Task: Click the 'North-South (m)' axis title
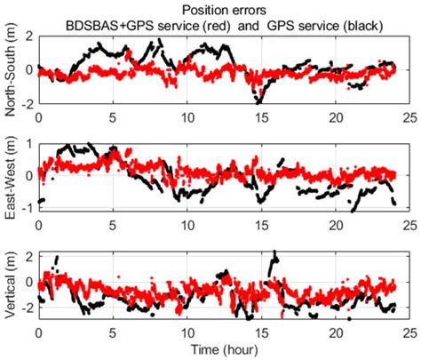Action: [x=12, y=70]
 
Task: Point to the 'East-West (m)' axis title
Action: [x=12, y=175]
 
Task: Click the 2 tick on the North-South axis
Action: [x=29, y=36]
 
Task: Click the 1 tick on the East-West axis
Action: [x=29, y=142]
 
